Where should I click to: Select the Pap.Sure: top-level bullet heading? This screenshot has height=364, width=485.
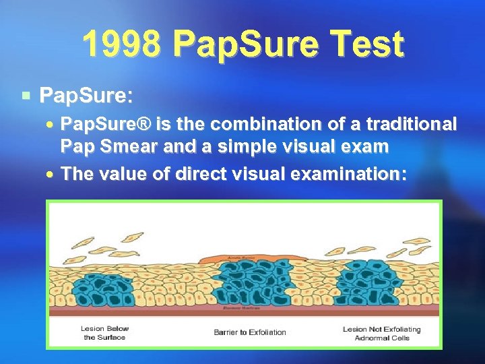pyautogui.click(x=86, y=96)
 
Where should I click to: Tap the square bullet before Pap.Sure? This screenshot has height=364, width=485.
pyautogui.click(x=25, y=96)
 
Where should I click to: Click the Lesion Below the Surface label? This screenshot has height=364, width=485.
pyautogui.click(x=104, y=333)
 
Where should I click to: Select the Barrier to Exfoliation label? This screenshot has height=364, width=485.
pyautogui.click(x=249, y=332)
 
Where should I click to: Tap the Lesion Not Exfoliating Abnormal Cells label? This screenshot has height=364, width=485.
pyautogui.click(x=381, y=333)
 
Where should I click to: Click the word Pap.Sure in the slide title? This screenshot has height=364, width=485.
pyautogui.click(x=243, y=44)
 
